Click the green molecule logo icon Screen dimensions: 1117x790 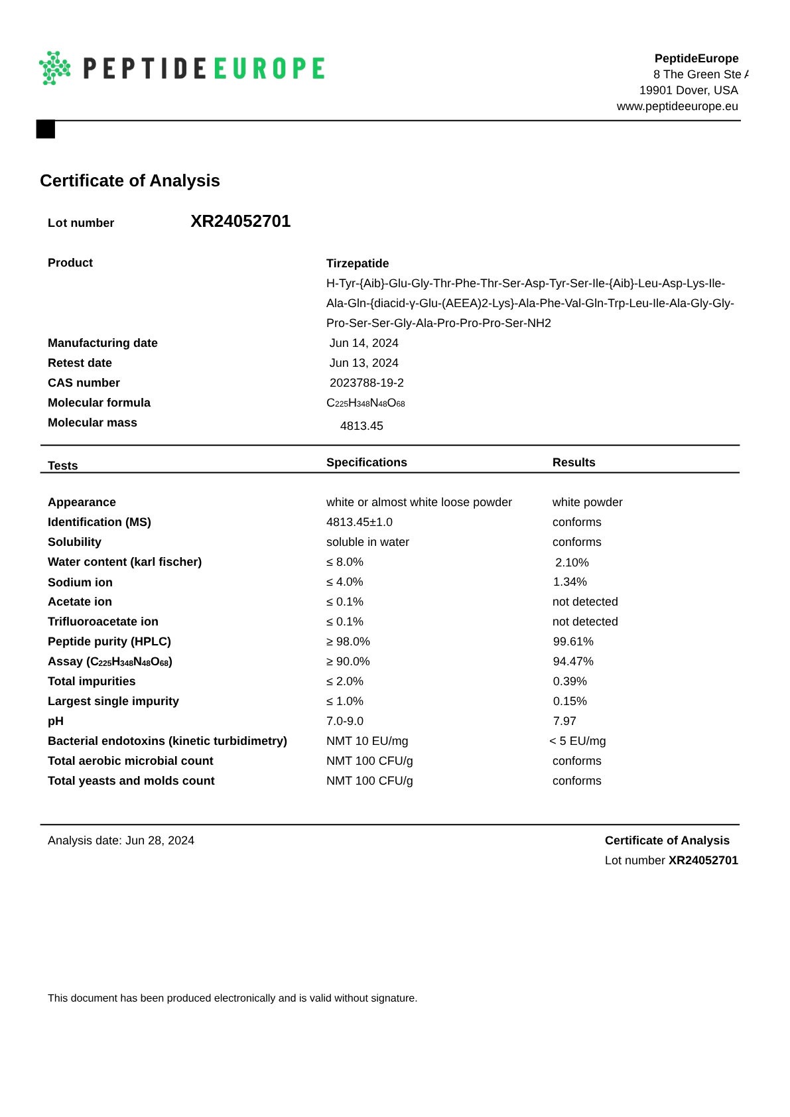coord(55,68)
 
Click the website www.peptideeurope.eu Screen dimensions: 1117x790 coord(677,106)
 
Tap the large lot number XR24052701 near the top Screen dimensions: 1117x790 coord(240,221)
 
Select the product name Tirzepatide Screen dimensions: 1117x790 coord(358,263)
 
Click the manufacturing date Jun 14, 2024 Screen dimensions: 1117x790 coord(363,343)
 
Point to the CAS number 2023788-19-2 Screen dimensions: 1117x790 coord(366,383)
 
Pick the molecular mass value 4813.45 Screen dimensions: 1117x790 coord(362,426)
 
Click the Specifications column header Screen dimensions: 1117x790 coord(366,462)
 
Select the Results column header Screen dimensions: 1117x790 coord(573,462)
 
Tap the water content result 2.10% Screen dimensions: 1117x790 coord(572,562)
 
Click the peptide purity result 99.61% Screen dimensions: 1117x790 coord(573,641)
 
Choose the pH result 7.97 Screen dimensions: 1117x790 coord(564,721)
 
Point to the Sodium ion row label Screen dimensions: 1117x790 coord(80,582)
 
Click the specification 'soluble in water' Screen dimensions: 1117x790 coord(367,542)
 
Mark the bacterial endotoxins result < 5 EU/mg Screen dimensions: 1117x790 coord(577,741)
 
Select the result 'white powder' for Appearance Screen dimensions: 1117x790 coord(587,502)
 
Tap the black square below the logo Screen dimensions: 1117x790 coord(45,129)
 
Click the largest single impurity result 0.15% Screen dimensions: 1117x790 coord(570,701)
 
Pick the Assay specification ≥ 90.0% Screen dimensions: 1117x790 coord(348,661)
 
